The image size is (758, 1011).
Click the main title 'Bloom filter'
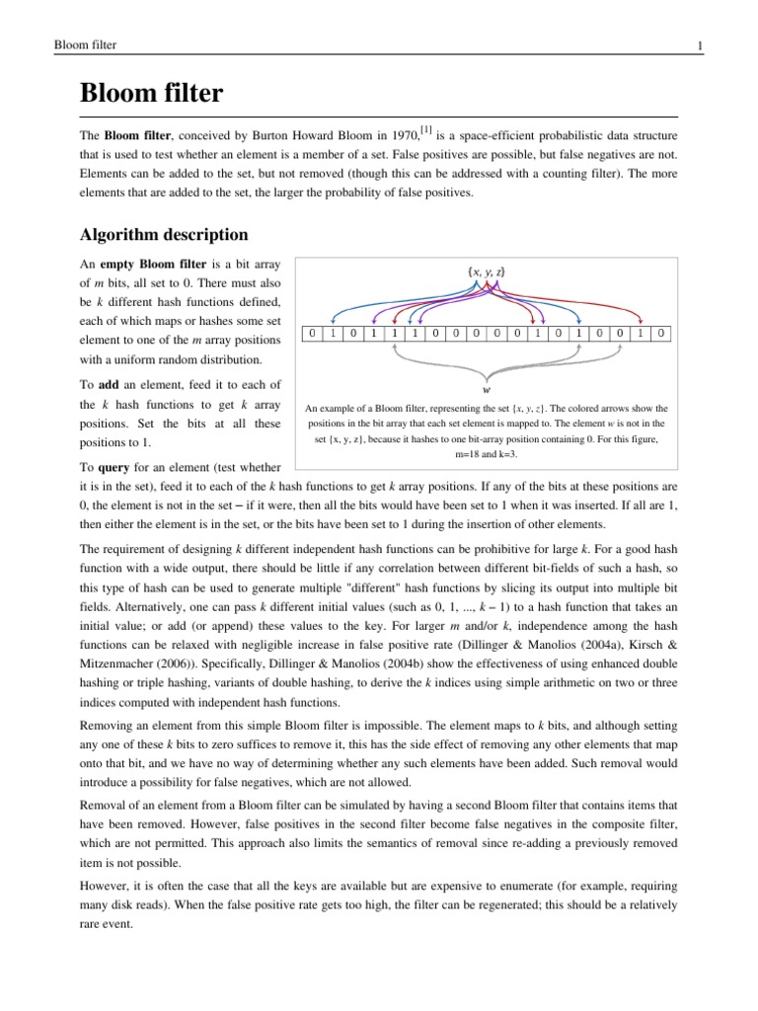click(x=151, y=94)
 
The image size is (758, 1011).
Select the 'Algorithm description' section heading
click(x=163, y=235)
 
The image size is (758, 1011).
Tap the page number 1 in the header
click(x=672, y=45)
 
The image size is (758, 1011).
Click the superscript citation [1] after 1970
click(x=425, y=126)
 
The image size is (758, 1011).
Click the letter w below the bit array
click(x=487, y=388)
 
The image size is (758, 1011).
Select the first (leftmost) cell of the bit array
click(x=312, y=334)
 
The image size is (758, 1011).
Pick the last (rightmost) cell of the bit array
click(x=661, y=334)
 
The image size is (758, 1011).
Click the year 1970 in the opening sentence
click(x=402, y=133)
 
